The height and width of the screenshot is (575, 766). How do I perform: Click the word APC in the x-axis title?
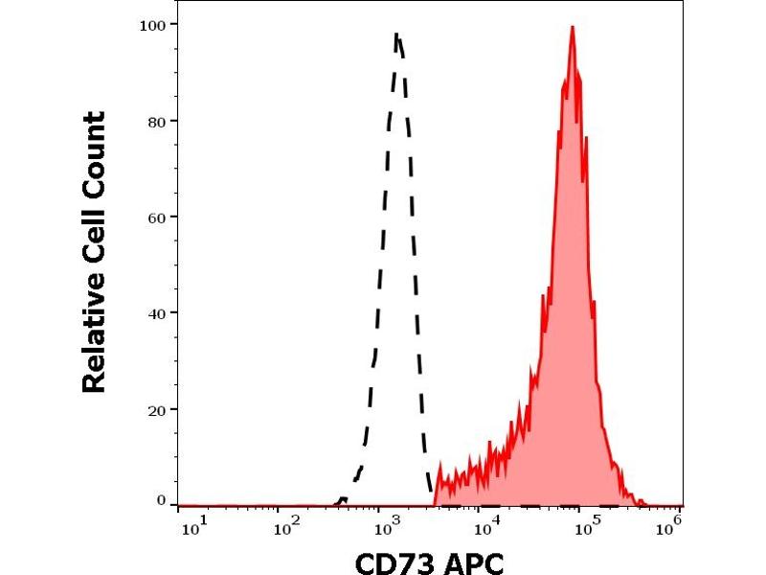pos(469,561)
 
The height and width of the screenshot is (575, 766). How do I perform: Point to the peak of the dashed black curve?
pos(397,35)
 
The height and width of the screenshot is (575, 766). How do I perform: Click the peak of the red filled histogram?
pos(572,28)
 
